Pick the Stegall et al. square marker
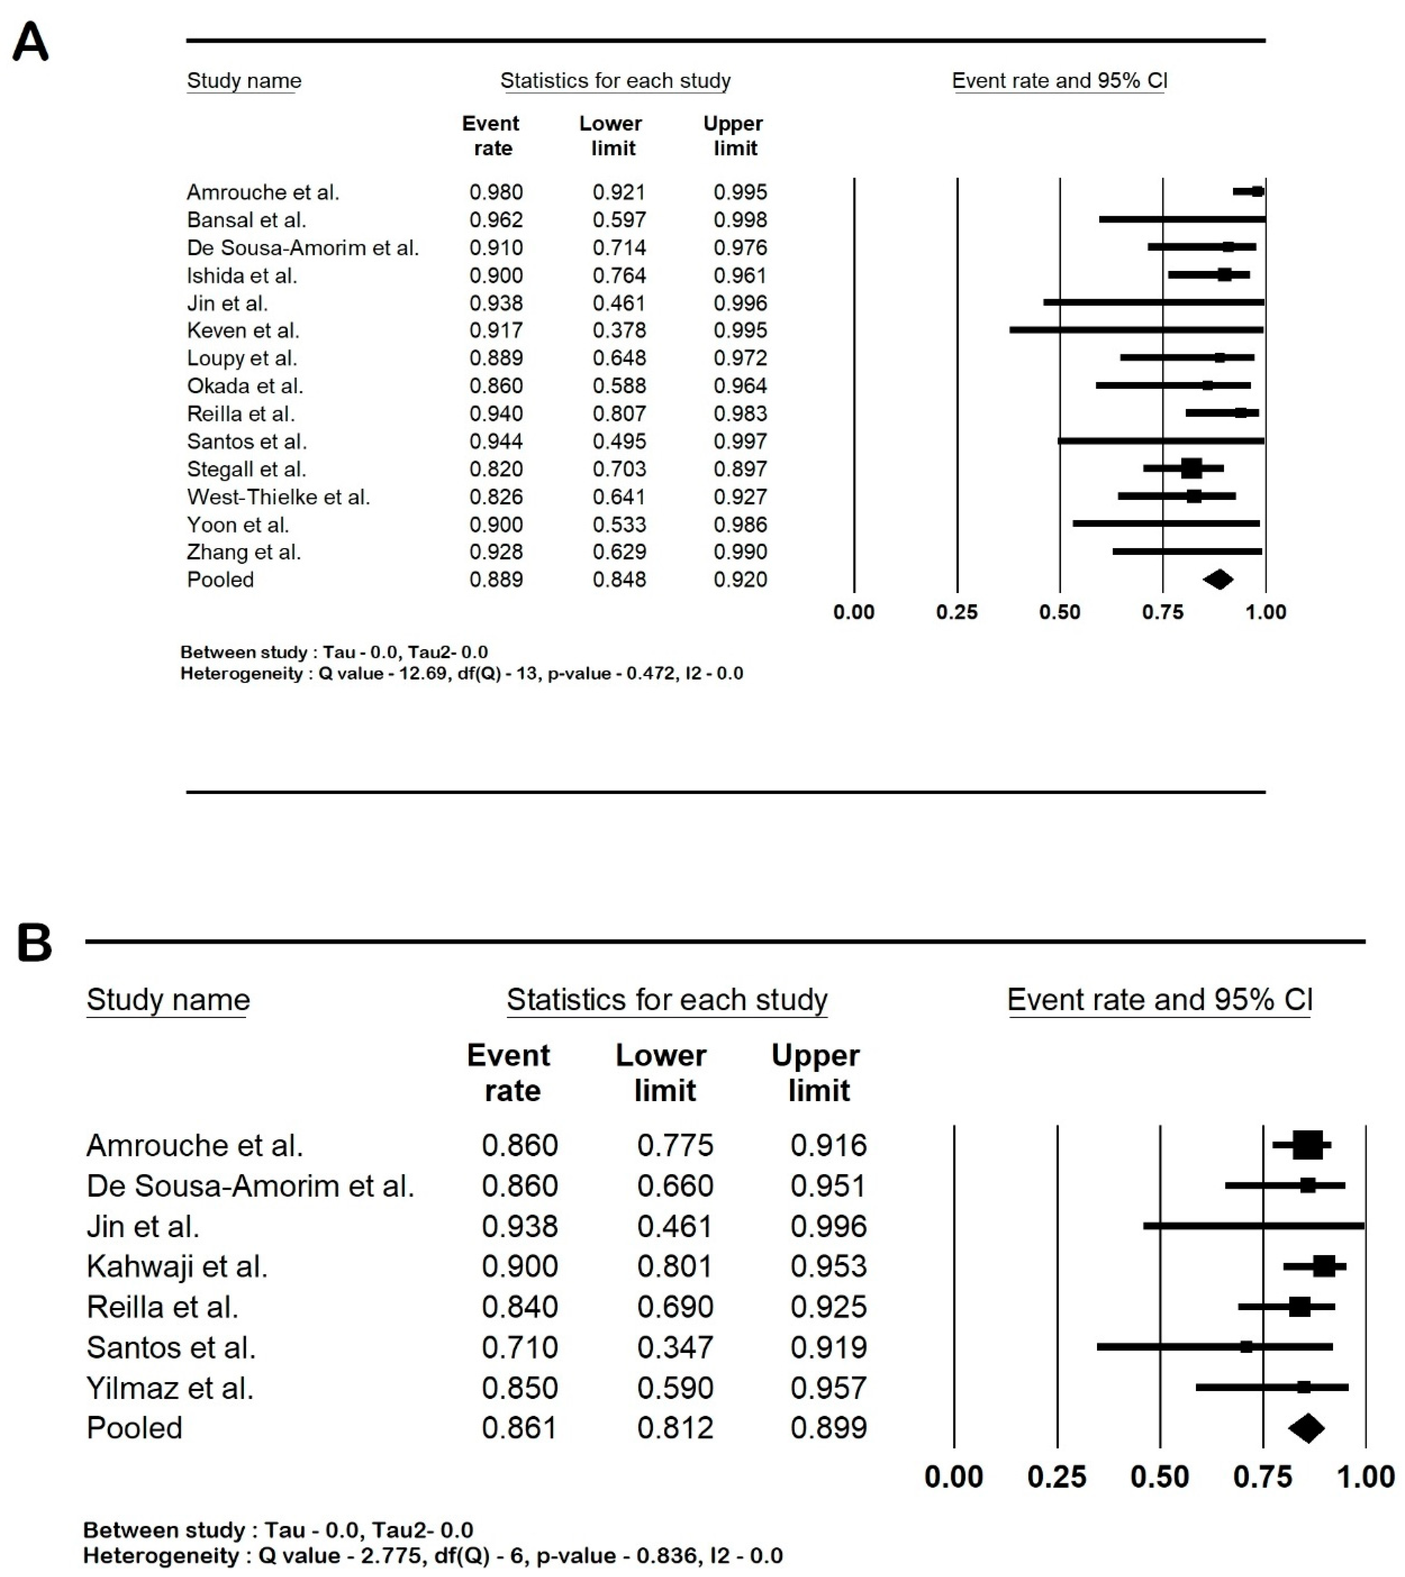click(x=1191, y=468)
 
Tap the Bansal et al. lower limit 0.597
click(x=619, y=220)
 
